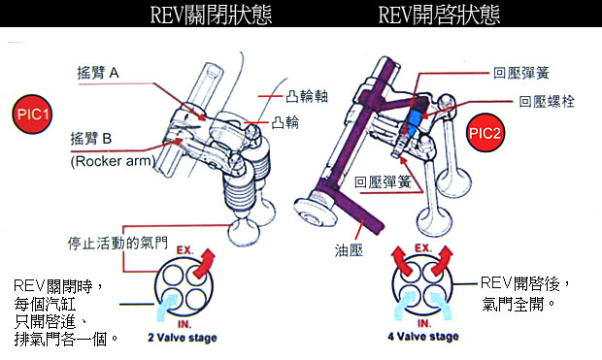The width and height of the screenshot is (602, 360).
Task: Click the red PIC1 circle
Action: point(32,115)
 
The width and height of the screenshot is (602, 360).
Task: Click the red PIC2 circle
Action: point(485,133)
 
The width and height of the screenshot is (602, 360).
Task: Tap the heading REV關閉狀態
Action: point(211,15)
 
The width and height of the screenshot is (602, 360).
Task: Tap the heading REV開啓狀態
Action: point(439,15)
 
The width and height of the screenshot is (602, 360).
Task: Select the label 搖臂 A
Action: point(98,73)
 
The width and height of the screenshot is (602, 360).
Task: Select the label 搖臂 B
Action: point(91,138)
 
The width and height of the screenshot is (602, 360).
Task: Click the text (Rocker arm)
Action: point(113,161)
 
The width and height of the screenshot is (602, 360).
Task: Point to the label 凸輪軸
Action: point(307,96)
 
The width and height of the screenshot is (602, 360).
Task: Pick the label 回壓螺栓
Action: point(547,102)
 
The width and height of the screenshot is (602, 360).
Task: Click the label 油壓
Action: point(349,250)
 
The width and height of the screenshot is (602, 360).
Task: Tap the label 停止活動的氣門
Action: point(117,243)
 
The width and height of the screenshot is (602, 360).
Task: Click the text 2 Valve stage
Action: point(183,338)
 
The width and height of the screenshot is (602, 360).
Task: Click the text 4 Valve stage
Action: point(423,337)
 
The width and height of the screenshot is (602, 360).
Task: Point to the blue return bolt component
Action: point(414,121)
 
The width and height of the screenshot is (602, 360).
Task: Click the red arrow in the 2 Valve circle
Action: point(204,264)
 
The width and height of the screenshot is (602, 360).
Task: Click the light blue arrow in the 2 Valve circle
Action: point(165,306)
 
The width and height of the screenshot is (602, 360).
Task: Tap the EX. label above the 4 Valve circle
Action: point(423,248)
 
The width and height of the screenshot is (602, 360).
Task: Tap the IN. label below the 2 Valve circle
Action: point(184,324)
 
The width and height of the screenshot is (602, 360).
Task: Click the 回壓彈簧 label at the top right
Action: point(521,73)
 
